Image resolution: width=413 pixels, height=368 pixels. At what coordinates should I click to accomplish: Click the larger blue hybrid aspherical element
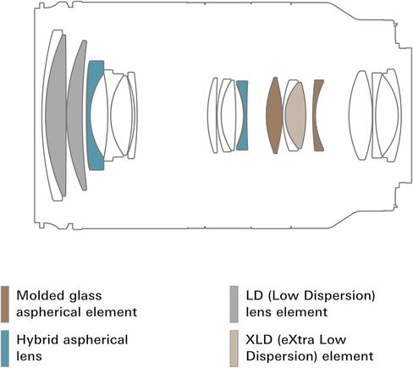coord(94,116)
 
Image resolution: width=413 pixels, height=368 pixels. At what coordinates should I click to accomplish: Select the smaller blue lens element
coord(242,115)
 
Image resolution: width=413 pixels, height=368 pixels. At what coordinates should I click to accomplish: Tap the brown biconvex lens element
coord(274,115)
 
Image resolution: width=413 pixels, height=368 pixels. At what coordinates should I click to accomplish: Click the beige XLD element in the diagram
coord(295,115)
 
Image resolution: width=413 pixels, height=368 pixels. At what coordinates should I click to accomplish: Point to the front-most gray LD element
coord(56,115)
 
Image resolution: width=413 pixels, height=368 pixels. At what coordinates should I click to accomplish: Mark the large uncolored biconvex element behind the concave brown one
coord(361,115)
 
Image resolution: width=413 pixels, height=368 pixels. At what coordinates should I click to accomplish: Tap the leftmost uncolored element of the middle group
coord(212,115)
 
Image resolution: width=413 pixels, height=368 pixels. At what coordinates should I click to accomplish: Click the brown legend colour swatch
coord(5,305)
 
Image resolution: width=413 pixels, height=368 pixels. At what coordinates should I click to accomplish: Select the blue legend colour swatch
coord(5,349)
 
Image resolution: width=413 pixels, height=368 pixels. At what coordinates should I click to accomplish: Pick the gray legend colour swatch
coord(234,305)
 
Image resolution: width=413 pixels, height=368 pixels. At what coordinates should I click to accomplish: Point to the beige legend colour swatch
coord(234,349)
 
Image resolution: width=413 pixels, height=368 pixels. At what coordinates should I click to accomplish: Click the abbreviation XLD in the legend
coord(259,340)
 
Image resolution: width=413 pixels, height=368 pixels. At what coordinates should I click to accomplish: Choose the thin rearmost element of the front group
coord(132,115)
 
